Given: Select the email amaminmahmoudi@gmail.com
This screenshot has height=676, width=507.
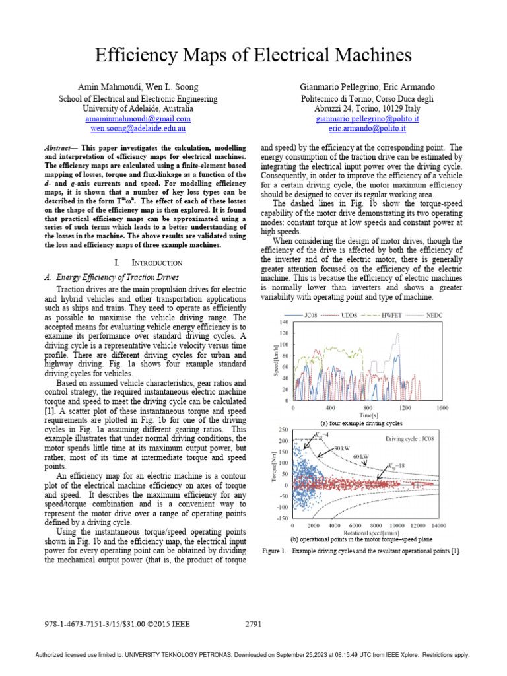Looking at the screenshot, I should coord(138,119).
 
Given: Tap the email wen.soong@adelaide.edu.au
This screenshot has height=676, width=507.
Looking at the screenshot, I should coord(138,129).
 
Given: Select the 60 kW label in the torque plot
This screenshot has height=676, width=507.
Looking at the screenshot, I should coord(360,456).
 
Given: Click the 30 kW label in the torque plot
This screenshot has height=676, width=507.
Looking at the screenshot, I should coord(341,448).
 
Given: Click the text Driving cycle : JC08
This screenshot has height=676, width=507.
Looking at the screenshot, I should coord(413,438).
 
